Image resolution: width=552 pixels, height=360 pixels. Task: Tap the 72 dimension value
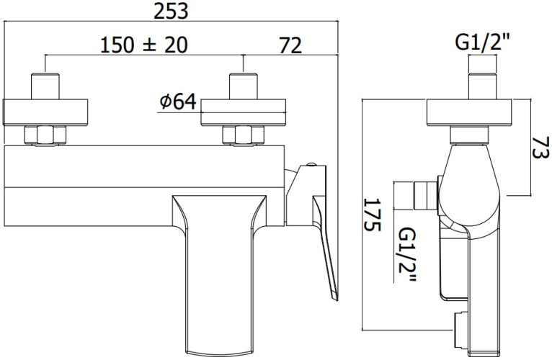pos(290,44)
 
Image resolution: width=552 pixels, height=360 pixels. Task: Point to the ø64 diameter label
pos(177,102)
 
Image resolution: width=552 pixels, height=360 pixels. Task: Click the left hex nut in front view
pos(45,135)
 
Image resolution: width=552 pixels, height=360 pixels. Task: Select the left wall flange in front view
pos(48,113)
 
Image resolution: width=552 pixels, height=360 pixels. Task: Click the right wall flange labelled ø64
pos(245,113)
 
